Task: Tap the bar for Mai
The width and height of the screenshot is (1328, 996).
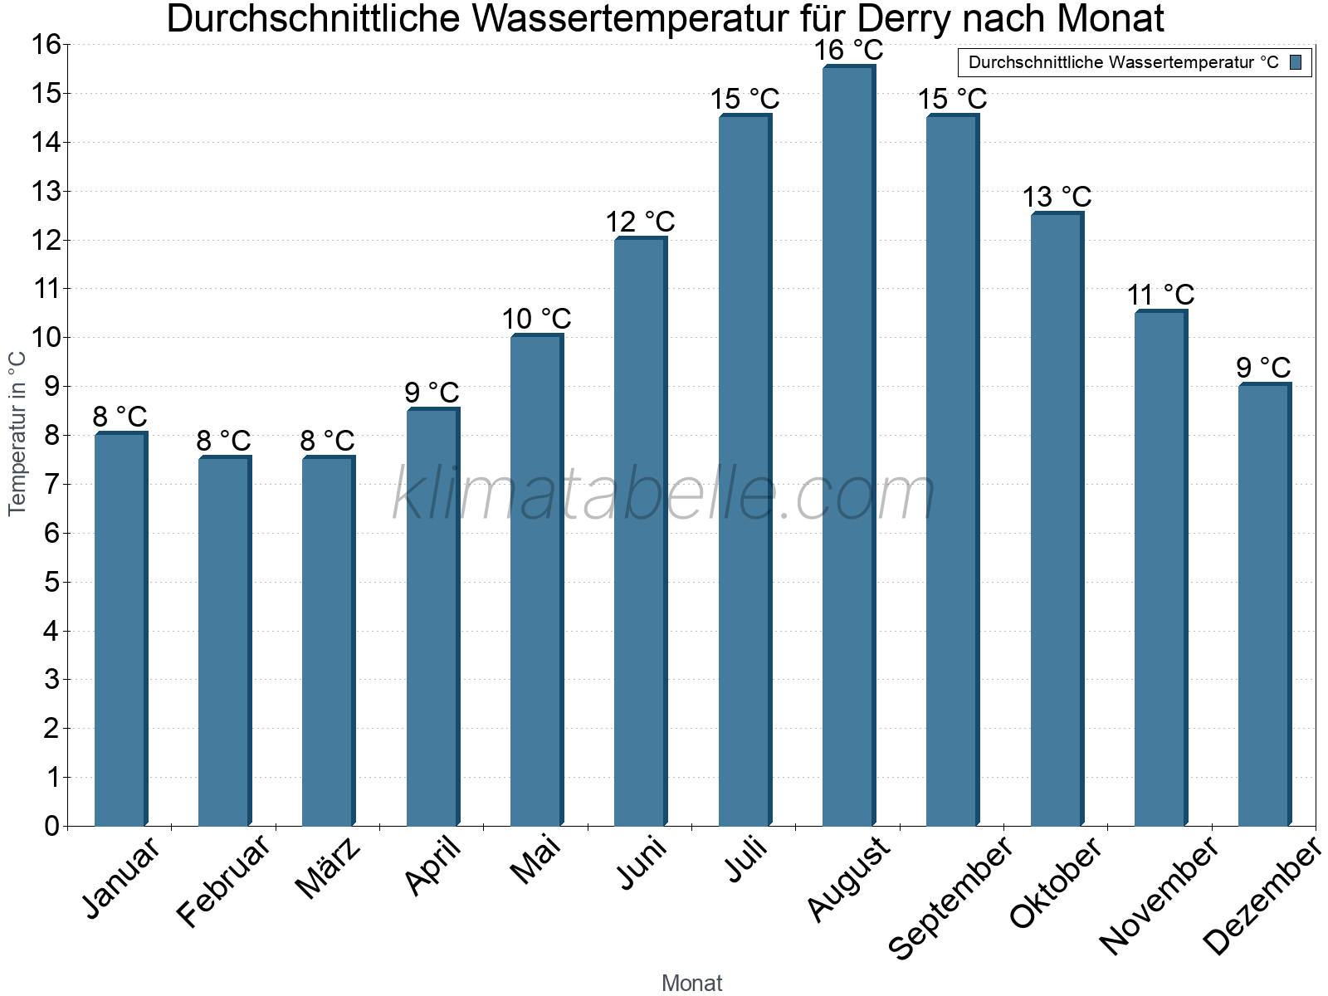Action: (x=536, y=580)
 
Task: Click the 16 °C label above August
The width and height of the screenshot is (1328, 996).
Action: (x=848, y=51)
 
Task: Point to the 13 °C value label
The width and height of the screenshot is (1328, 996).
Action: (x=1056, y=198)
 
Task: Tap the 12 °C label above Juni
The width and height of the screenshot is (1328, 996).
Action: (x=640, y=222)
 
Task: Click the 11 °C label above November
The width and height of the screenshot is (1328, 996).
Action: (x=1160, y=295)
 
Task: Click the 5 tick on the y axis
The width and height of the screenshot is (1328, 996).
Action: (x=52, y=582)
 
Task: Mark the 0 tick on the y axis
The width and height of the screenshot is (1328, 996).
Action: (x=52, y=826)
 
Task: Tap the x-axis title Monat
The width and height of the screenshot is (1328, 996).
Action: (x=691, y=983)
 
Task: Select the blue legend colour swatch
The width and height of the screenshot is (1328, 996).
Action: (x=1296, y=62)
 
